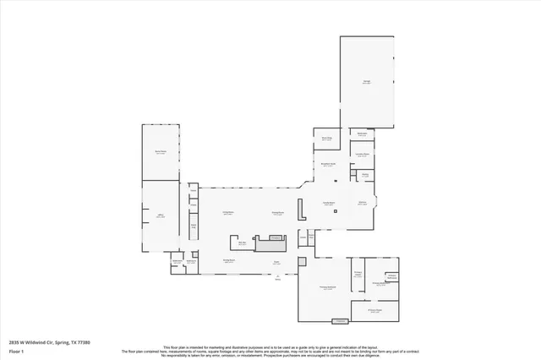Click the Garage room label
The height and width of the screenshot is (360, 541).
pyautogui.click(x=367, y=82)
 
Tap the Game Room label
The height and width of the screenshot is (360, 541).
pyautogui.click(x=160, y=152)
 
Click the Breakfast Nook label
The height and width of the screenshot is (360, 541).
pyautogui.click(x=328, y=165)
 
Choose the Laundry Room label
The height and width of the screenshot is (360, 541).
pyautogui.click(x=363, y=155)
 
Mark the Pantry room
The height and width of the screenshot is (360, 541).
pyautogui.click(x=364, y=175)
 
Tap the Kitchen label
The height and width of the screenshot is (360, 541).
pyautogui.click(x=362, y=204)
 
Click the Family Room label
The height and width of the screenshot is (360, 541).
pyautogui.click(x=329, y=204)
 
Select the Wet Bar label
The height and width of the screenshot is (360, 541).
pyautogui.click(x=242, y=243)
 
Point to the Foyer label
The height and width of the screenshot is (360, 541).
pyautogui.click(x=276, y=262)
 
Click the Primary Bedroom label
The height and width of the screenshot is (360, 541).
pyautogui.click(x=323, y=288)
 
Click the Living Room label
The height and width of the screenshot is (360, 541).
pyautogui.click(x=227, y=212)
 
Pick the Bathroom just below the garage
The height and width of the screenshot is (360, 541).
pyautogui.click(x=362, y=134)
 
